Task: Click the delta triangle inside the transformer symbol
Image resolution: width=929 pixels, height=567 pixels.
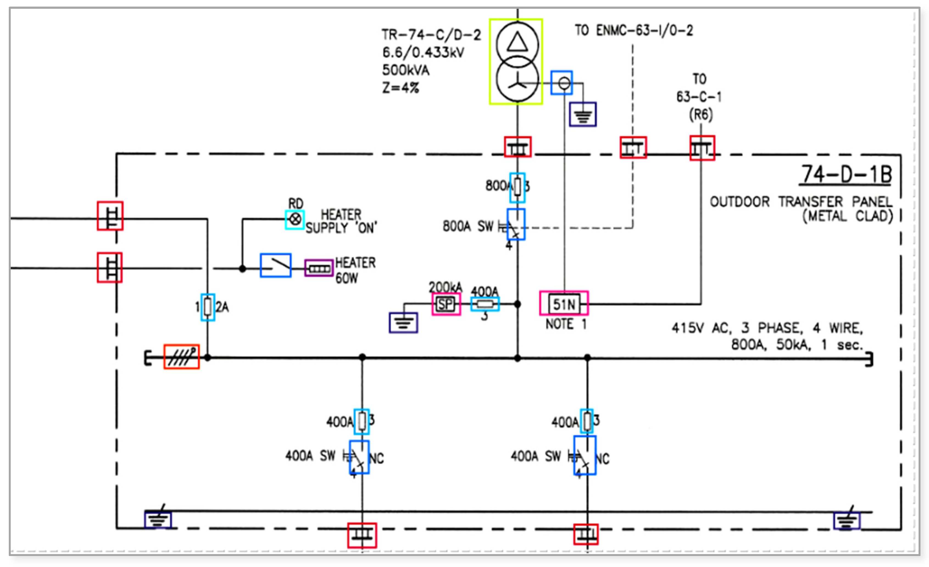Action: pos(517,42)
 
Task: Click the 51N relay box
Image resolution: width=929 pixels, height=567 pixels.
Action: pos(564,304)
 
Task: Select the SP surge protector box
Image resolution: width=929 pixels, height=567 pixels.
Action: pos(446,304)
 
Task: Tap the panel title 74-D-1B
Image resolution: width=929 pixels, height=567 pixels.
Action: pos(846,174)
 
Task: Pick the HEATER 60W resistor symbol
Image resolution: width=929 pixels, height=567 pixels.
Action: pos(319,269)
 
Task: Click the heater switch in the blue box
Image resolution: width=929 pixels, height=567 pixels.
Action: pos(276,265)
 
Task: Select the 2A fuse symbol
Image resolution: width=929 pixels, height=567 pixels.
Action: pos(207,307)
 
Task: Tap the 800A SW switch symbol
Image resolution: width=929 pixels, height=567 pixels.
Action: pos(515,225)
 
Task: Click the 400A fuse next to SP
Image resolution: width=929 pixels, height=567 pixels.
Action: pos(485,304)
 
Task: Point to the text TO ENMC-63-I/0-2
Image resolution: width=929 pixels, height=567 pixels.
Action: pos(633,30)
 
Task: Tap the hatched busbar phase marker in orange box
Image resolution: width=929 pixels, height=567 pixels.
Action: pos(181,357)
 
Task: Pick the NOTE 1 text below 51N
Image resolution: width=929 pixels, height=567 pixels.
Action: pos(566,324)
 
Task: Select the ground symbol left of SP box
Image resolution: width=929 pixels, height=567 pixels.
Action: pos(403,323)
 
